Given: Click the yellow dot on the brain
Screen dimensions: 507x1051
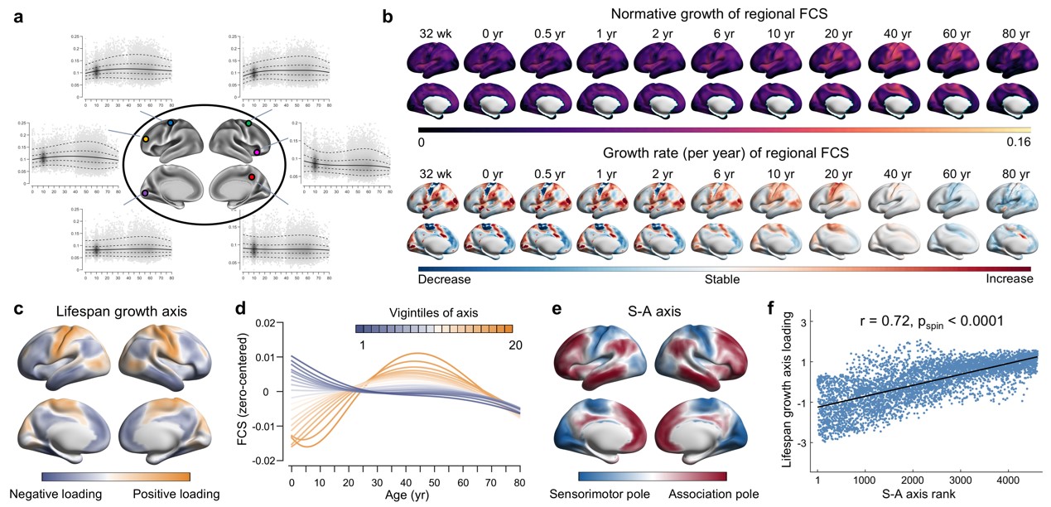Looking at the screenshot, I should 146,140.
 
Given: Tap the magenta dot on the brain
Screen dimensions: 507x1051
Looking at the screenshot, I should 258,152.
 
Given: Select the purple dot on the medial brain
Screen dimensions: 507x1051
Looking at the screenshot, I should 145,192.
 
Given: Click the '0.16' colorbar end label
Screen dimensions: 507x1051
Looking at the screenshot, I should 1016,142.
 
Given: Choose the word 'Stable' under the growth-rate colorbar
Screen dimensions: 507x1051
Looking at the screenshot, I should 723,279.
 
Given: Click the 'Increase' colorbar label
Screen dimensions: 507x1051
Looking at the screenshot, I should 1009,279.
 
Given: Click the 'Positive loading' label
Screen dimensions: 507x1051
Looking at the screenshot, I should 176,494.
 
